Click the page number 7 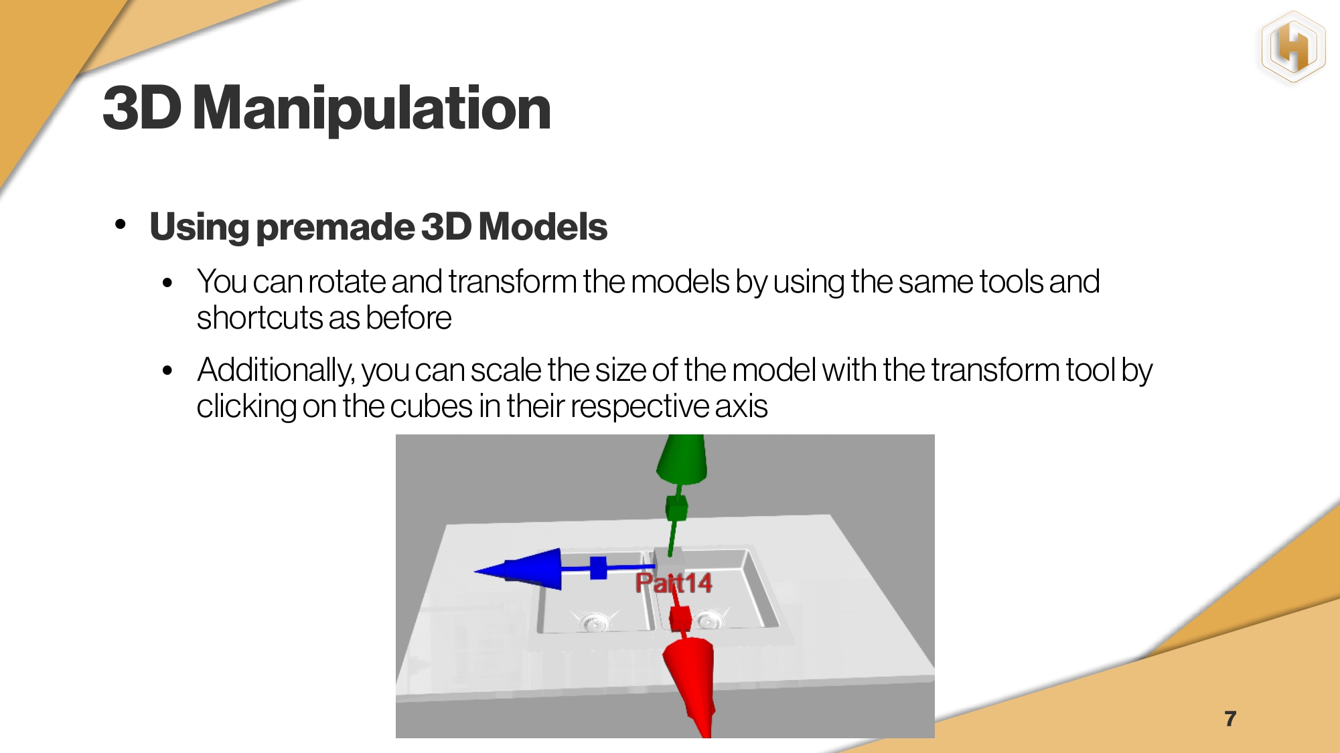click(x=1230, y=719)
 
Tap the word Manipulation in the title click(x=372, y=108)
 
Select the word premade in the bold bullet click(x=336, y=228)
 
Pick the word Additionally click(x=275, y=371)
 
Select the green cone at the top click(x=681, y=459)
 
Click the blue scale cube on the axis click(x=598, y=568)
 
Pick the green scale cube click(x=676, y=508)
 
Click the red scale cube click(x=680, y=620)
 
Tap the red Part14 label click(x=674, y=583)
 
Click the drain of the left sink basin click(x=595, y=622)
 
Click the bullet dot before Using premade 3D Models click(x=121, y=224)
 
